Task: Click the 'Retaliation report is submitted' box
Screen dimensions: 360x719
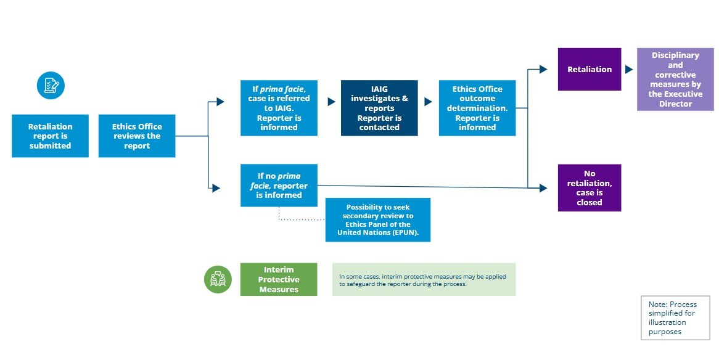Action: (50, 136)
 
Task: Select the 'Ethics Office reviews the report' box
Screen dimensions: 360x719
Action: (137, 136)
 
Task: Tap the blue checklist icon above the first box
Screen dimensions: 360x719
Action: (51, 85)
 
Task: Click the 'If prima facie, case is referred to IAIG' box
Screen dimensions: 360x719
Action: (279, 108)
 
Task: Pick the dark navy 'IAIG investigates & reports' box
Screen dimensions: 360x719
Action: (379, 108)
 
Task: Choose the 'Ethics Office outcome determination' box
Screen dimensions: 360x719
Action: (477, 108)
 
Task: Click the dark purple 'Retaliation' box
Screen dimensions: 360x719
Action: (590, 69)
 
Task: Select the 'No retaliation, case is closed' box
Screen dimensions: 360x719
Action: (590, 188)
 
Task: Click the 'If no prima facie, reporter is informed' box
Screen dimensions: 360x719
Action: (279, 185)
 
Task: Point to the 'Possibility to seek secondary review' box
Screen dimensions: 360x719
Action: (377, 220)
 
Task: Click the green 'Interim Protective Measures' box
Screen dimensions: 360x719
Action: (279, 279)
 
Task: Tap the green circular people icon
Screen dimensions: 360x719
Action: (218, 279)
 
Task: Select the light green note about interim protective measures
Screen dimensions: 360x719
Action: (424, 279)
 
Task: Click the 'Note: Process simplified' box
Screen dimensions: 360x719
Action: (675, 317)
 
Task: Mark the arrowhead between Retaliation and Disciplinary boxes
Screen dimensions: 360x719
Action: (629, 70)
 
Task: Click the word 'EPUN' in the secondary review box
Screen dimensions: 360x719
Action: (406, 233)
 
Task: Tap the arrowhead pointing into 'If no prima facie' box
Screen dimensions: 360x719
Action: (216, 188)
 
